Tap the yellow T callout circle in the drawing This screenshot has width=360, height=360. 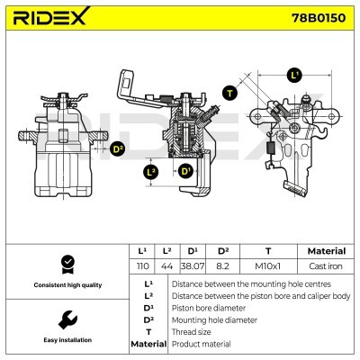(229, 93)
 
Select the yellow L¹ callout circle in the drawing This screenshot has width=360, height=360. (294, 75)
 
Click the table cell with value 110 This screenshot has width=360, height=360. (141, 267)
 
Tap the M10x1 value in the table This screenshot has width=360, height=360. (267, 267)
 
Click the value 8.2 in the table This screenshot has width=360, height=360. (218, 267)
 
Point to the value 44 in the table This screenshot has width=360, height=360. (166, 267)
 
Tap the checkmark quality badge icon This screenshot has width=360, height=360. (65, 263)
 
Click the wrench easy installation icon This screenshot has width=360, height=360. (65, 319)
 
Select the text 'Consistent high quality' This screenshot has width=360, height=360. (65, 285)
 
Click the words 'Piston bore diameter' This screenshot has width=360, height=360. (207, 306)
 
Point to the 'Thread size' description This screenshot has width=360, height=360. (192, 331)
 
